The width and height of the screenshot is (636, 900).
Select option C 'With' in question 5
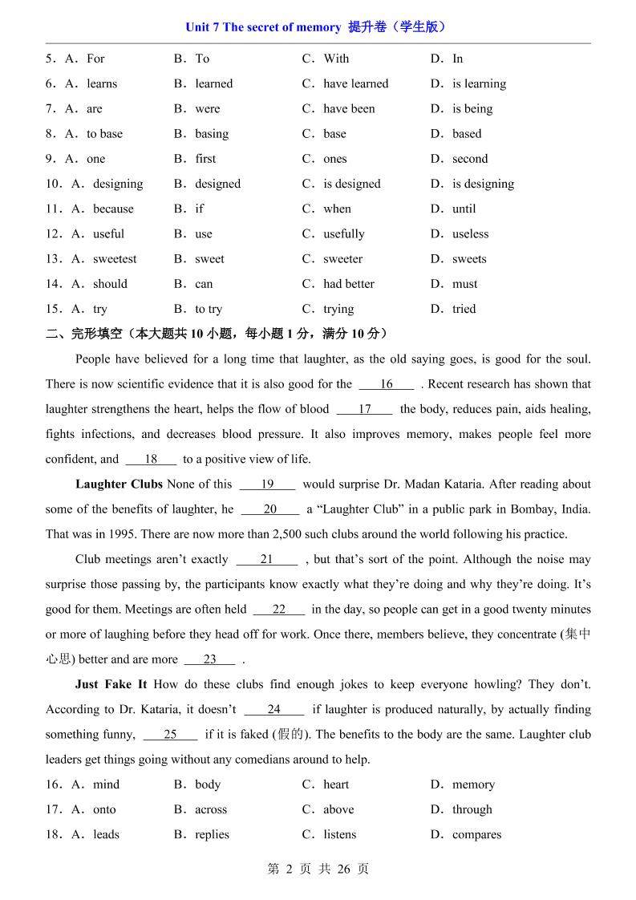tap(336, 59)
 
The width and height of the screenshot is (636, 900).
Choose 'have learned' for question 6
tap(355, 83)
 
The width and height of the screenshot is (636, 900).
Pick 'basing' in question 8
tap(212, 134)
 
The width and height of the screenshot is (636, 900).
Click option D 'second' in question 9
tap(470, 159)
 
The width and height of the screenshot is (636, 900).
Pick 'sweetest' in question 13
tap(115, 259)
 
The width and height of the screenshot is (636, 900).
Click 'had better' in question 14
tap(348, 284)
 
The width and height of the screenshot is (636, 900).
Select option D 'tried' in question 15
tap(464, 309)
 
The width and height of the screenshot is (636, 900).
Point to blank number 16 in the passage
tap(387, 384)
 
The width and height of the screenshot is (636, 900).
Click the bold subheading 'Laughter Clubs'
tap(119, 484)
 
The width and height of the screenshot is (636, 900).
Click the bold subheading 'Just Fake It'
tap(111, 684)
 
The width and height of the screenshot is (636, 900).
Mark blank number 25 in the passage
tap(170, 734)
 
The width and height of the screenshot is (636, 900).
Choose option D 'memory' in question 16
tap(473, 784)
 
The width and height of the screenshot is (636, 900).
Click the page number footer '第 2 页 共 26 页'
tap(318, 869)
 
